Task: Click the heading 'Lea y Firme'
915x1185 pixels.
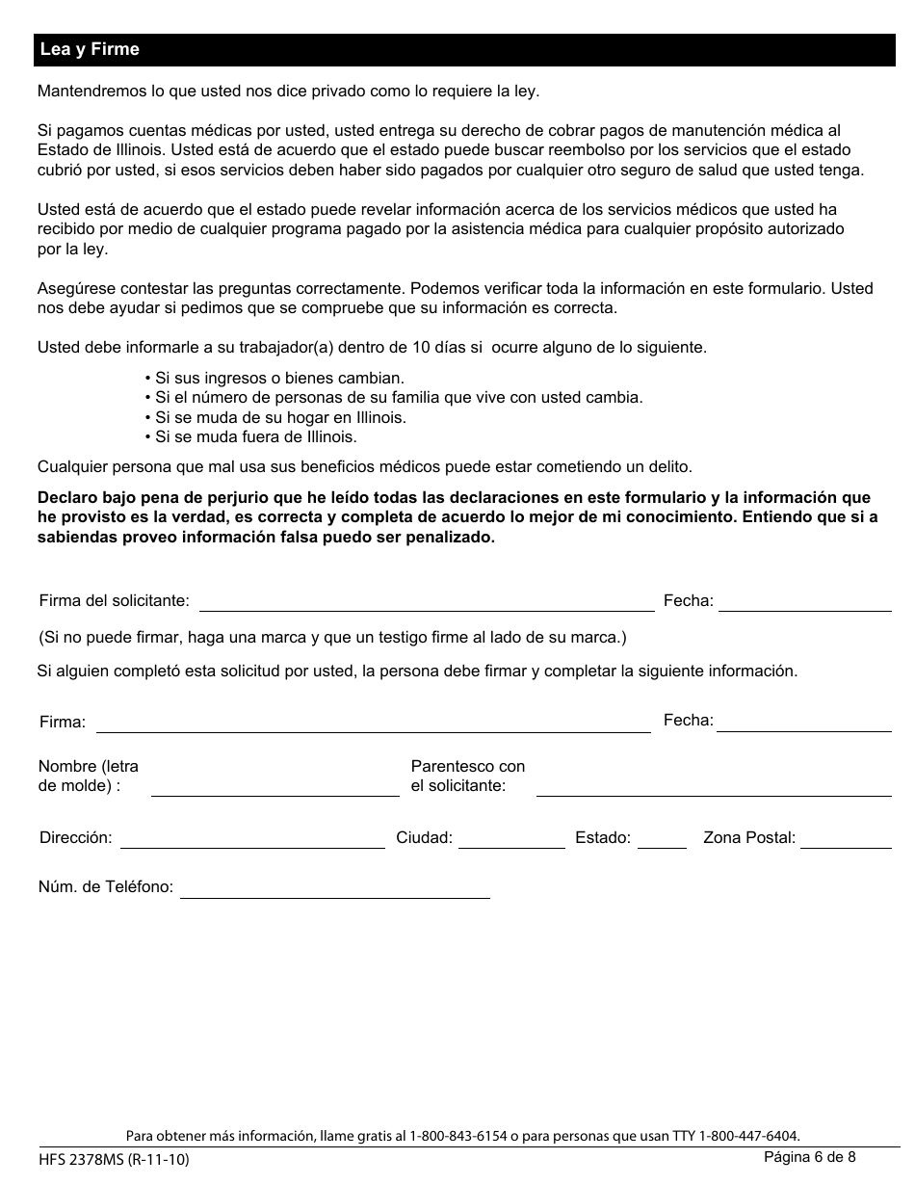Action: click(90, 49)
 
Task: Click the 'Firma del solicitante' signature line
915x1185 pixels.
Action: click(426, 604)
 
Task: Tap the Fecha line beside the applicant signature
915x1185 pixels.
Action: click(804, 604)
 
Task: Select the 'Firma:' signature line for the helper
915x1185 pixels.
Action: click(373, 725)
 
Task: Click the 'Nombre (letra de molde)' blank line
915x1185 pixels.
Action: click(274, 789)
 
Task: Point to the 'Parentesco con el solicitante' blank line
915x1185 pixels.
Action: click(713, 789)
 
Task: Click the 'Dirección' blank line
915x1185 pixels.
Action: click(252, 841)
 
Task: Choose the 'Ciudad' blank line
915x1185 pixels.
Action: click(511, 841)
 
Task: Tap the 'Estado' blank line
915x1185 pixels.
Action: click(662, 841)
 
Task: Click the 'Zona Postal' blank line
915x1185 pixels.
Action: click(846, 841)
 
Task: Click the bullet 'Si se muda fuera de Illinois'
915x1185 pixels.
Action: click(250, 436)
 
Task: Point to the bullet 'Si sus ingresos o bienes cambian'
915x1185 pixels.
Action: click(274, 378)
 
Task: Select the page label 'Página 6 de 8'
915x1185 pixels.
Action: click(809, 1157)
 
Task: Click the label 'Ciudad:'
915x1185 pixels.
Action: click(424, 837)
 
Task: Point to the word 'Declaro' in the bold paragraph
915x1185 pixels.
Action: click(65, 498)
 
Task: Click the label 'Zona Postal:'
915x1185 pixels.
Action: click(749, 837)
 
